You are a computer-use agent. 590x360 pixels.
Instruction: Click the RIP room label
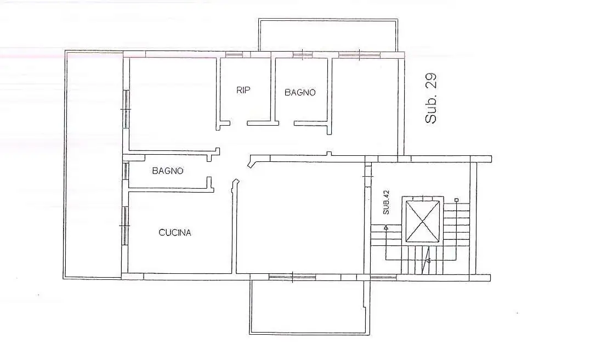243,91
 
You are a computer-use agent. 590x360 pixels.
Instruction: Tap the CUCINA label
175,233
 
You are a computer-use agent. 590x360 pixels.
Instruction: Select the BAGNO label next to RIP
300,93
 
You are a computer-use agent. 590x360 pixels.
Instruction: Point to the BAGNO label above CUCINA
168,171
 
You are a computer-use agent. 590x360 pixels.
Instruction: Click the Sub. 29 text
432,99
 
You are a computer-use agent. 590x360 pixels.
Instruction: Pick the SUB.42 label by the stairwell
386,202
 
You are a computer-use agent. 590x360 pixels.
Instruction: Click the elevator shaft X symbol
422,221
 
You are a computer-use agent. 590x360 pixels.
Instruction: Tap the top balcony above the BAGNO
328,36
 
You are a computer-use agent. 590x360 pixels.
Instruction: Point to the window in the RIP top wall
234,54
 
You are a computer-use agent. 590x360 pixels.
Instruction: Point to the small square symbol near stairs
456,200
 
